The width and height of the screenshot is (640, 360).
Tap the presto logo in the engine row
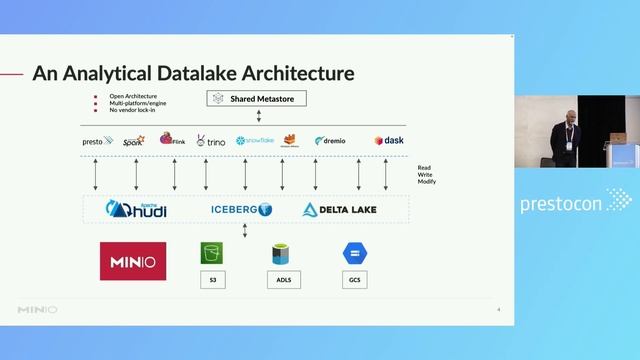click(97, 141)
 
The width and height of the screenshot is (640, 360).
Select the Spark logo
click(133, 141)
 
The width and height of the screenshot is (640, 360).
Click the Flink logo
click(172, 140)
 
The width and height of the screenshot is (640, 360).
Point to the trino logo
click(210, 141)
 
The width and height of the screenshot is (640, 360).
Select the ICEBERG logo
click(241, 210)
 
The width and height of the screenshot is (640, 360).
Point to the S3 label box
click(212, 281)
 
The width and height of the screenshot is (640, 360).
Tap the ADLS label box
click(283, 281)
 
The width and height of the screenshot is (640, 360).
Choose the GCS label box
click(354, 281)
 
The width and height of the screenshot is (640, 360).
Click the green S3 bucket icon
click(211, 253)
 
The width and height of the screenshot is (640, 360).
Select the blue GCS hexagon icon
click(354, 253)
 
